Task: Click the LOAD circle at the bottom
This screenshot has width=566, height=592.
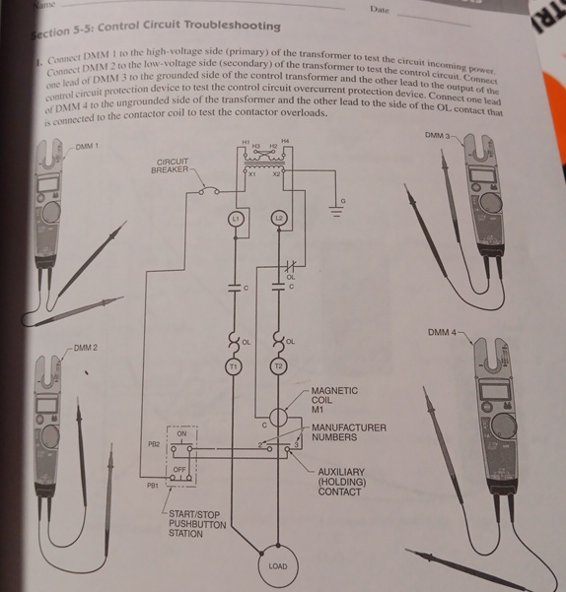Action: pos(277,566)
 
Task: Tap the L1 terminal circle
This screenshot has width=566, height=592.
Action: pos(236,217)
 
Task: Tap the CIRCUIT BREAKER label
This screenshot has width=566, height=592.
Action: pos(176,165)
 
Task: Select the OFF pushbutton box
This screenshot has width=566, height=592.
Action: pos(181,476)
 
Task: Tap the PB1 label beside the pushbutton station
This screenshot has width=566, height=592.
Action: pos(153,486)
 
